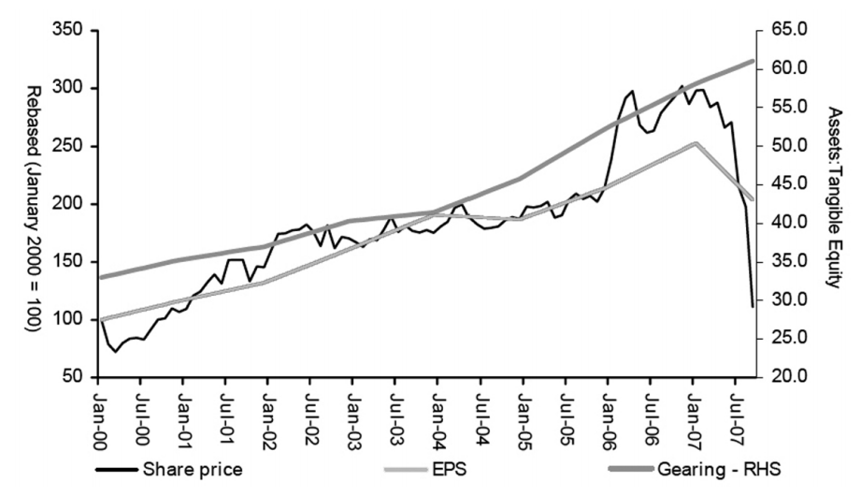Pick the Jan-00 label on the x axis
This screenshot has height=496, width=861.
98,414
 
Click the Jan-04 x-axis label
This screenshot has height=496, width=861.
438,414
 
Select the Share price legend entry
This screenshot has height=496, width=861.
169,470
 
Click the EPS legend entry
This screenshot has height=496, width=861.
425,470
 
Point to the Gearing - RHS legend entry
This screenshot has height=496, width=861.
696,470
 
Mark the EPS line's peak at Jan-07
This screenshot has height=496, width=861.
696,143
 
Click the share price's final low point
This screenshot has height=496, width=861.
753,306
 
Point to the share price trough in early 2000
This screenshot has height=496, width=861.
115,352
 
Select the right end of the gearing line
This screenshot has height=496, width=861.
753,61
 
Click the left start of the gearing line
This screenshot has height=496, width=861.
100,277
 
